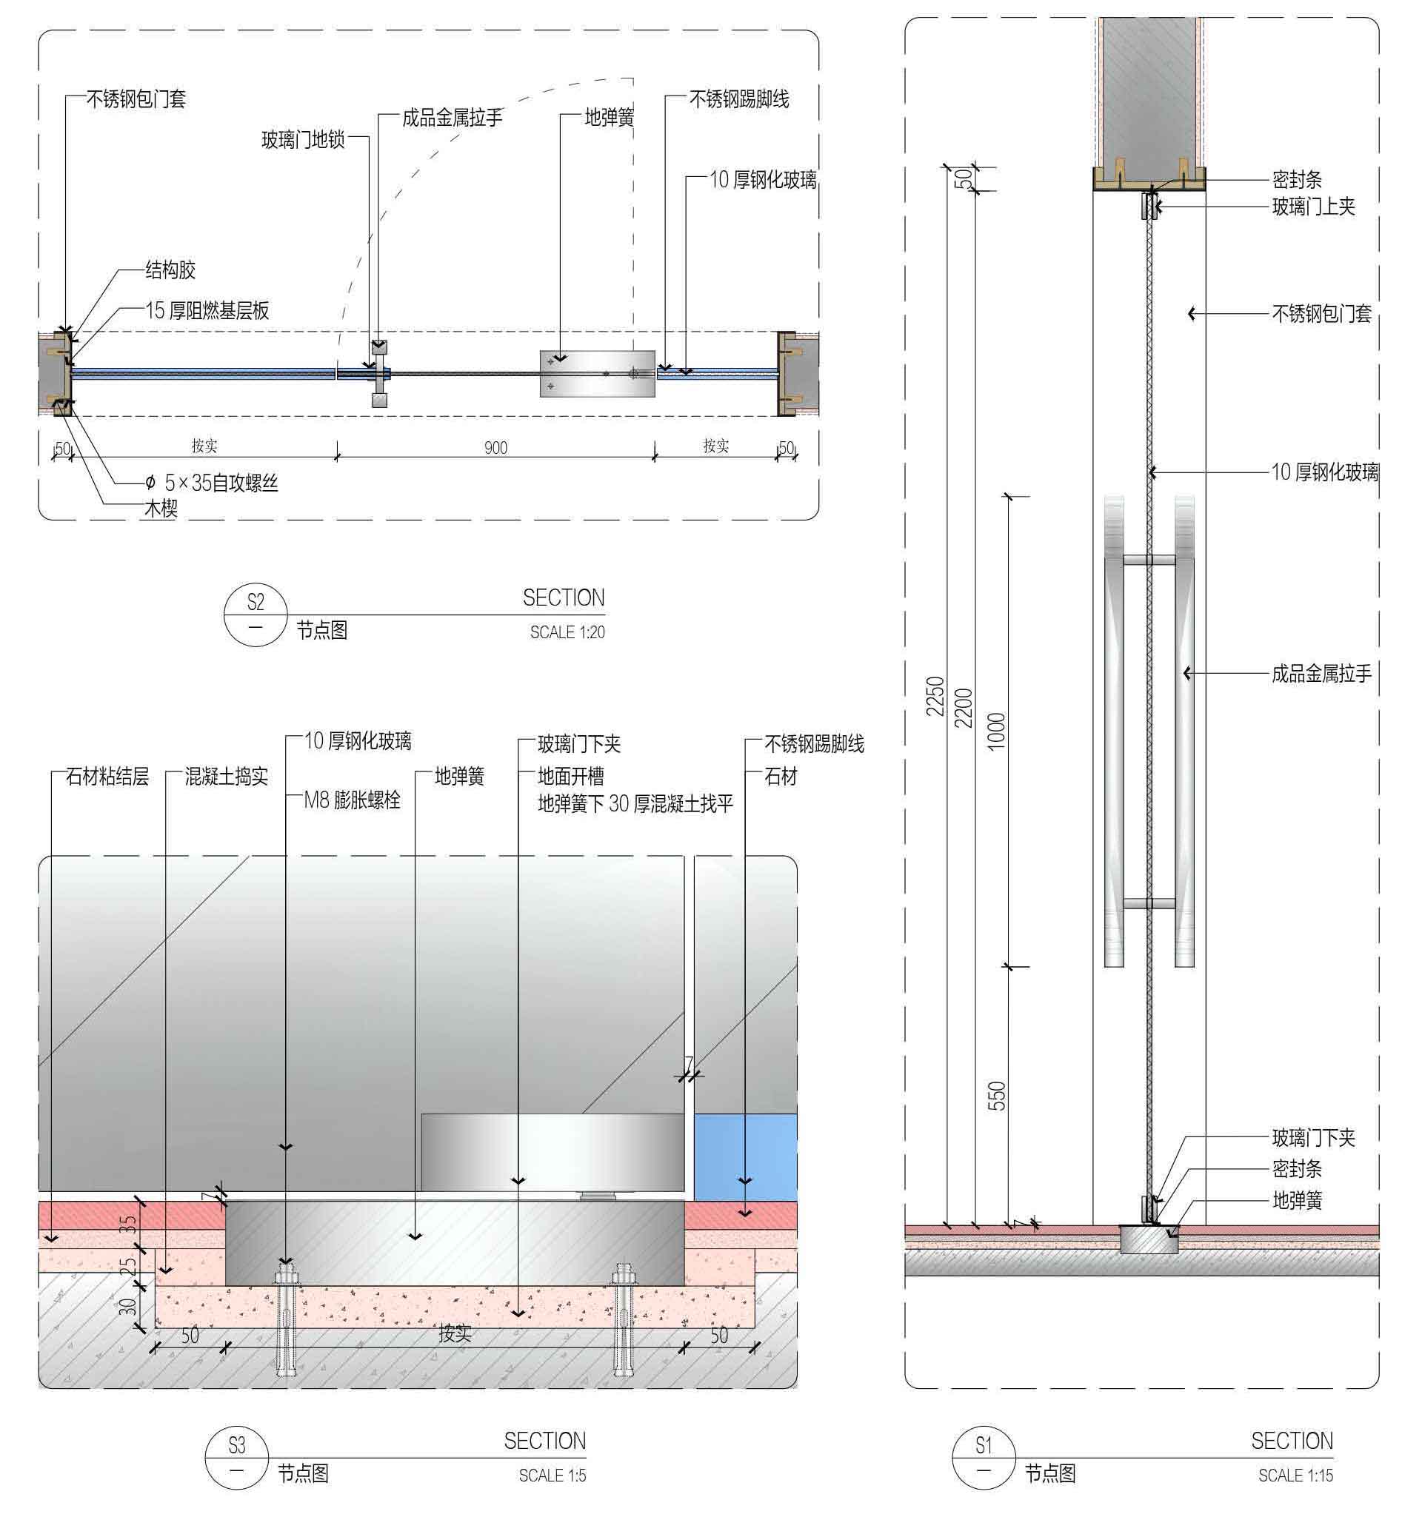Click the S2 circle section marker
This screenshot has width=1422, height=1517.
[x=256, y=614]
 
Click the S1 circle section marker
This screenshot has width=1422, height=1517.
[x=984, y=1458]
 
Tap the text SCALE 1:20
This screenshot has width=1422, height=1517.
[x=567, y=632]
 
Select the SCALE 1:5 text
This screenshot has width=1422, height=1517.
[x=553, y=1475]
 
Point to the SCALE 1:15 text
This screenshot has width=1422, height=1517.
[x=1296, y=1475]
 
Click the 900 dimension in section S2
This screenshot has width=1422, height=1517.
[x=496, y=447]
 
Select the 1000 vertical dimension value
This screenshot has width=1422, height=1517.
[x=997, y=731]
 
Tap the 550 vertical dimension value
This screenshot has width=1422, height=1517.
[x=997, y=1095]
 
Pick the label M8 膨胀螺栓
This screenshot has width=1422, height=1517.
[x=352, y=800]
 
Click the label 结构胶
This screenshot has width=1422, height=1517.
[x=171, y=269]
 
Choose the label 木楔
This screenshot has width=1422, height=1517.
[x=161, y=508]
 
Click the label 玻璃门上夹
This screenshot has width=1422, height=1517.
[x=1314, y=206]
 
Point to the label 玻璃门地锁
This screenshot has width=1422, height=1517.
[x=303, y=140]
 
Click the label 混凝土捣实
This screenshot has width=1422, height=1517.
[x=227, y=777]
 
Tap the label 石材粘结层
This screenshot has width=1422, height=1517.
[x=107, y=777]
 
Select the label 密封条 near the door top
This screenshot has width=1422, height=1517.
[x=1297, y=179]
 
